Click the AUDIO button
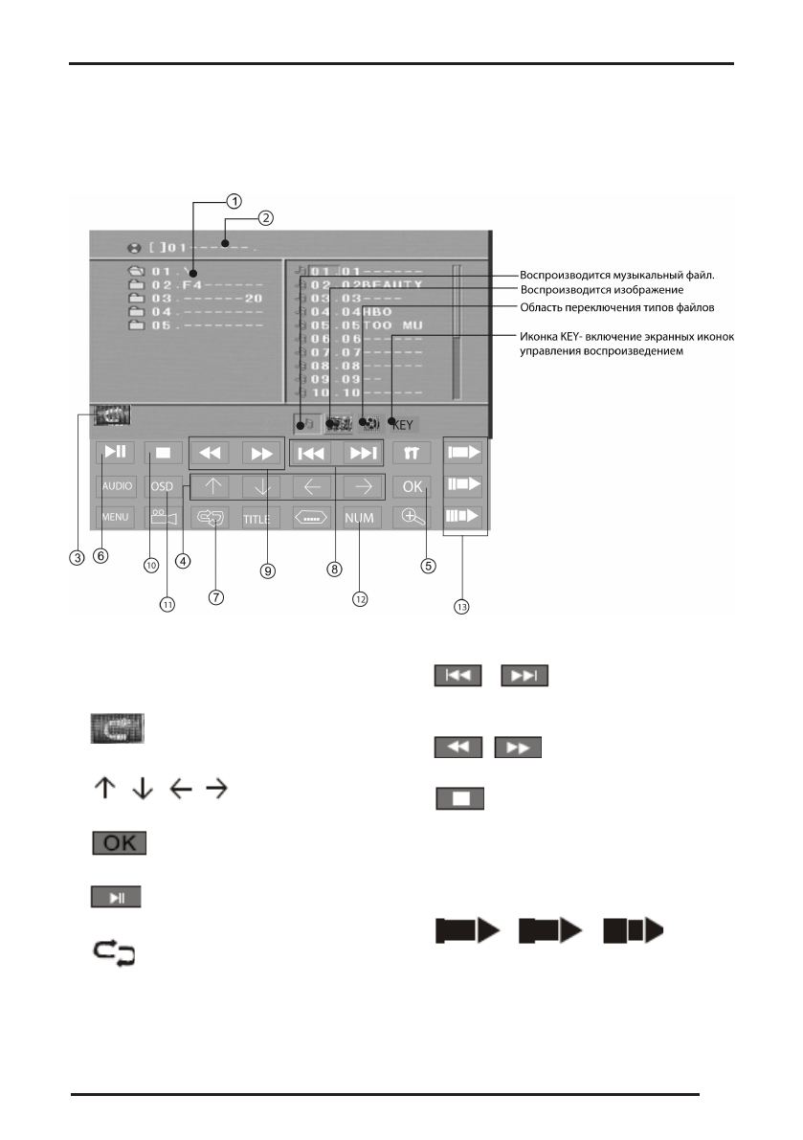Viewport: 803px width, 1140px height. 116,485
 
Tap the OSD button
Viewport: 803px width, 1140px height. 162,485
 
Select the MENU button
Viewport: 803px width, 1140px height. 115,519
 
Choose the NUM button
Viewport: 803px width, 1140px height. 360,519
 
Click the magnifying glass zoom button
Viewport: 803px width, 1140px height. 412,518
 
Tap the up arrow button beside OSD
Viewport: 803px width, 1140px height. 212,485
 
